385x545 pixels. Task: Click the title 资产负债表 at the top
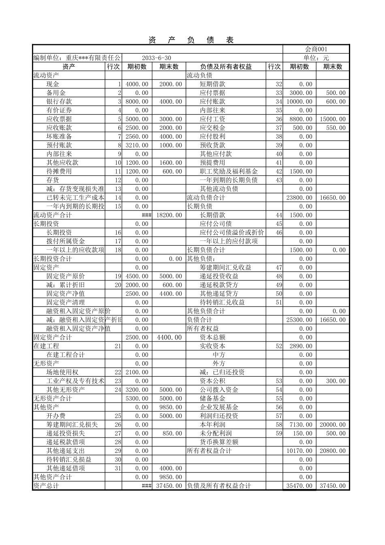pyautogui.click(x=191, y=40)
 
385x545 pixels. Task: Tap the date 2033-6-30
pyautogui.click(x=156, y=58)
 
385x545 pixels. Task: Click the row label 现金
pyautogui.click(x=53, y=84)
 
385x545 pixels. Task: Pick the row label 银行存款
pyautogui.click(x=59, y=101)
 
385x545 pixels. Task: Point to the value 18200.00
pyautogui.click(x=169, y=215)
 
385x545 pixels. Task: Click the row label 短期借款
pyautogui.click(x=212, y=84)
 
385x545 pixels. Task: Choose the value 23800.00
pyautogui.click(x=299, y=198)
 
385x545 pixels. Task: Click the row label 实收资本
pyautogui.click(x=212, y=346)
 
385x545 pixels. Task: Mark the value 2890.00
pyautogui.click(x=301, y=346)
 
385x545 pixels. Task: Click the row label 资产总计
pyautogui.click(x=46, y=486)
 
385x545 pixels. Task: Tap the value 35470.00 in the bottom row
pyautogui.click(x=299, y=486)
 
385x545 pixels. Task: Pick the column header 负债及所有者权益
pyautogui.click(x=226, y=67)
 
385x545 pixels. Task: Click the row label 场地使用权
pyautogui.click(x=62, y=372)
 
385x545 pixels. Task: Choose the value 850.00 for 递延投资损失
pyautogui.click(x=172, y=433)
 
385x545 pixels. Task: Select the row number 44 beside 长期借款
pyautogui.click(x=278, y=215)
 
